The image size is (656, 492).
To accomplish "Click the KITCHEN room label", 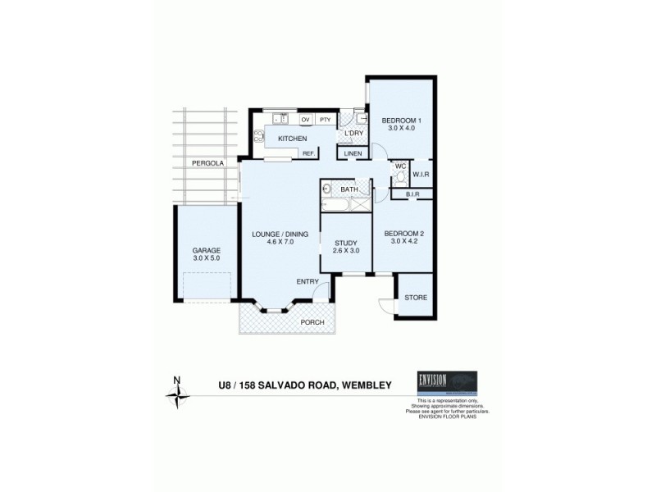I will (x=292, y=139).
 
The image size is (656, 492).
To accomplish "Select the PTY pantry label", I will (x=326, y=120).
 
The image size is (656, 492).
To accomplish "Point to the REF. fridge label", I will (x=308, y=153).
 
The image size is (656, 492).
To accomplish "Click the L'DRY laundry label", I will (x=353, y=133).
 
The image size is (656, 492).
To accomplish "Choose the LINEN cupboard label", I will (x=353, y=153).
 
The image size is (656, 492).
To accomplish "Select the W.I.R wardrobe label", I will (x=421, y=174).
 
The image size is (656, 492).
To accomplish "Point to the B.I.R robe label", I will (x=412, y=194).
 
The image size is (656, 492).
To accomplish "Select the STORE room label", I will (x=416, y=297).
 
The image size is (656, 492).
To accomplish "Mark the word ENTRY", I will (x=307, y=281).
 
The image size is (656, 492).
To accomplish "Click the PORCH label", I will (x=312, y=322).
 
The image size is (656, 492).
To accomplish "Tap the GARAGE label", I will (x=207, y=250).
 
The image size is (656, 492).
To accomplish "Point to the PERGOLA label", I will (x=208, y=163).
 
